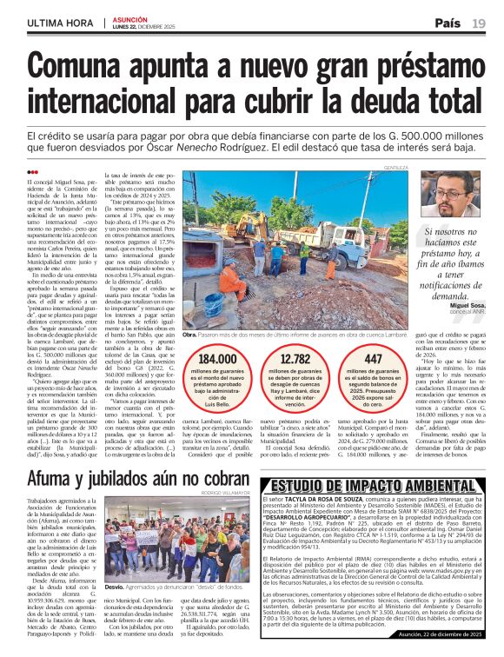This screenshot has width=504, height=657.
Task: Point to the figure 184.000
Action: [x=217, y=359]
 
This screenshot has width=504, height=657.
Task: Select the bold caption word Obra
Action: [x=191, y=334]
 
